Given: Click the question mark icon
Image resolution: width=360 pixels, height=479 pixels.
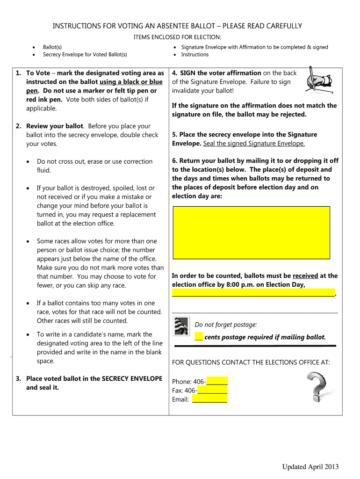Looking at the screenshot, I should click(x=320, y=387).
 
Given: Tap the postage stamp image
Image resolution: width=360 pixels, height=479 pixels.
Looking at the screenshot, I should click(x=182, y=326).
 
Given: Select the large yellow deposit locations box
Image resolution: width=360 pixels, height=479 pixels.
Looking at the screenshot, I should click(x=252, y=232).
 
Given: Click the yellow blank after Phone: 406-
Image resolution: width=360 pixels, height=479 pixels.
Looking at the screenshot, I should click(x=217, y=381).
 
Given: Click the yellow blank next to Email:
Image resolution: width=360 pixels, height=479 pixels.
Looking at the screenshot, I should click(x=209, y=399).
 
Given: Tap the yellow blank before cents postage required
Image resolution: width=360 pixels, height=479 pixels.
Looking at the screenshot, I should click(x=199, y=337).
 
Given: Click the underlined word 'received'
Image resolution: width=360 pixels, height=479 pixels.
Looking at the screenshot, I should click(x=305, y=276).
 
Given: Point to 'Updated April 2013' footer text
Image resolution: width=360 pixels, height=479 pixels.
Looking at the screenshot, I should click(x=310, y=467).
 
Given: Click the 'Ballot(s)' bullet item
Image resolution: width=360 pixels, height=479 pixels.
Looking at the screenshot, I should click(x=52, y=47).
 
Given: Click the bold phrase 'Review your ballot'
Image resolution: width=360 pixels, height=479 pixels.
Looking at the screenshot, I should click(x=55, y=126).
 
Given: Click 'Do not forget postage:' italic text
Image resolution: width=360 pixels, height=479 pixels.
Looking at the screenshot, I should click(x=226, y=325).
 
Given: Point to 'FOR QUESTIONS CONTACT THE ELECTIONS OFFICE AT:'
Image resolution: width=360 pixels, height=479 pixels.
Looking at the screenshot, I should click(x=251, y=363).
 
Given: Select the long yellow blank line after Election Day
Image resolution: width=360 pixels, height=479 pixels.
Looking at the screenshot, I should click(x=253, y=293).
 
